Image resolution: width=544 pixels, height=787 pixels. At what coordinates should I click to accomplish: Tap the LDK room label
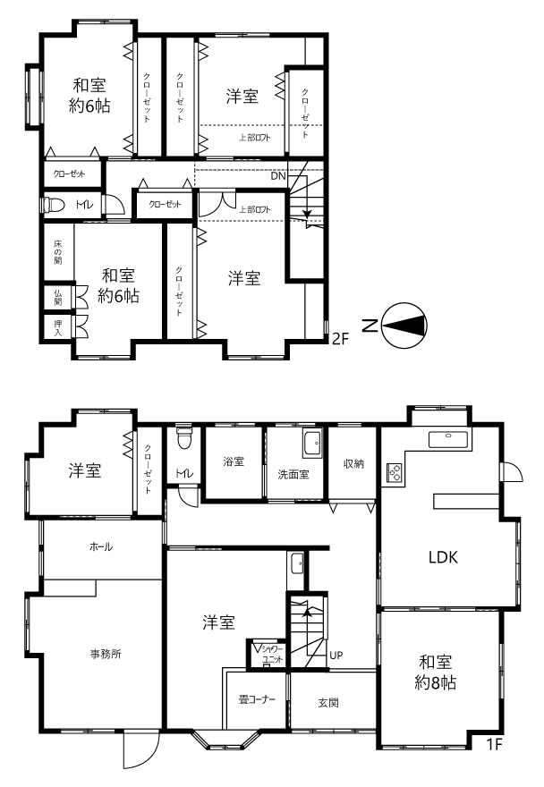(443, 557)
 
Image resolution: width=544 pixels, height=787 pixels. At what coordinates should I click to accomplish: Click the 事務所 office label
(106, 654)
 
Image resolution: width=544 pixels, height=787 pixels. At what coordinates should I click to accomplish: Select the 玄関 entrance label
(328, 703)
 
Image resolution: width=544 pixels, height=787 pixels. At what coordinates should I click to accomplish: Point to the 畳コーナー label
(257, 699)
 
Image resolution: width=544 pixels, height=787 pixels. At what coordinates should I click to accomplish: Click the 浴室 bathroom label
(234, 461)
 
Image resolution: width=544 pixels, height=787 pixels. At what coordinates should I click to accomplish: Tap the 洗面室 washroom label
(293, 474)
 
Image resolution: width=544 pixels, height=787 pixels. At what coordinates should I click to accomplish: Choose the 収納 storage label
(353, 464)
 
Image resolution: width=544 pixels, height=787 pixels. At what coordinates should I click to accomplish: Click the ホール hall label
(101, 546)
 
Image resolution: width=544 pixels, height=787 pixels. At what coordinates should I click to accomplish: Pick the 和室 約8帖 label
(436, 673)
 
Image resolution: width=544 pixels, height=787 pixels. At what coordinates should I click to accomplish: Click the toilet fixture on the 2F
(55, 205)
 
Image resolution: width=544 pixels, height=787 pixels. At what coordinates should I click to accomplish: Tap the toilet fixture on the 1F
(184, 437)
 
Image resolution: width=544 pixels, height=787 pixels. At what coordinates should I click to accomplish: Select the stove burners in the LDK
(395, 473)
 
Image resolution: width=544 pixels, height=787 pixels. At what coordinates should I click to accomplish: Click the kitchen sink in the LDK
(448, 439)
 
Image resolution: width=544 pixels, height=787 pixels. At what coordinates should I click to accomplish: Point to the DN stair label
(278, 176)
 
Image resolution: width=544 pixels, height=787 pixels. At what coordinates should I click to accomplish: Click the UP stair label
(336, 655)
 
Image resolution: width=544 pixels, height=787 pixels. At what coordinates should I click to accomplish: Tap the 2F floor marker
(340, 339)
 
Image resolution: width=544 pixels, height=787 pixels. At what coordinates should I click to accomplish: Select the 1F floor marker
(494, 744)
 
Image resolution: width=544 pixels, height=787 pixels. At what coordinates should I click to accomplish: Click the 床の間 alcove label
(58, 252)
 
